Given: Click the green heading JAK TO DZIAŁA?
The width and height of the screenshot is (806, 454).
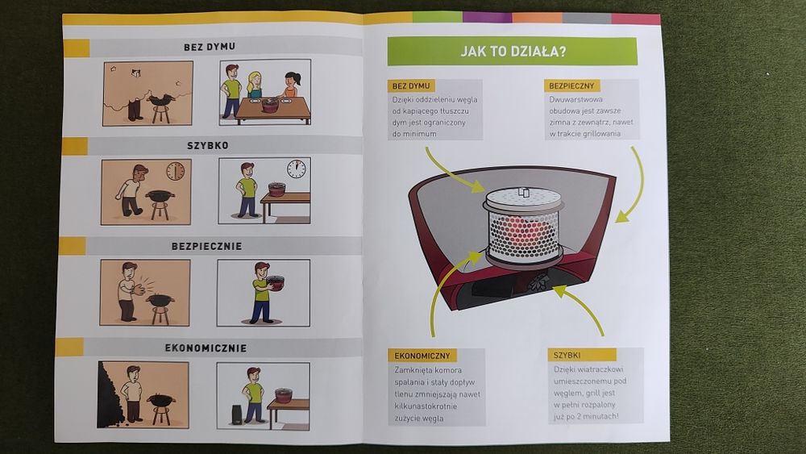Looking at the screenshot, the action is (x=512, y=51).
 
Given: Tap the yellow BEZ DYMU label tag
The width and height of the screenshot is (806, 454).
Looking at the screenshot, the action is (x=411, y=85).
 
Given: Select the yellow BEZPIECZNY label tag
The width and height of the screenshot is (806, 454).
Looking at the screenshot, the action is (x=571, y=85).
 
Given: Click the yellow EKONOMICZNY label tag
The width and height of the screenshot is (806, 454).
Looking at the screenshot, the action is (x=422, y=356).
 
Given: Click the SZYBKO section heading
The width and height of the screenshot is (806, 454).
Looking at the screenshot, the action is (x=208, y=145).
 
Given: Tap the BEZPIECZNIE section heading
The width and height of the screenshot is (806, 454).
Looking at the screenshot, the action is (x=206, y=246).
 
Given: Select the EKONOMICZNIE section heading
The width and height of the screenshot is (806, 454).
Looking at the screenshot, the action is (x=206, y=348).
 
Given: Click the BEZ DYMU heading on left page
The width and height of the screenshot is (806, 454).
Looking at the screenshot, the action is (x=210, y=47).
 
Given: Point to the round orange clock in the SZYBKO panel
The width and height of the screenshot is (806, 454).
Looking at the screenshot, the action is (x=175, y=171).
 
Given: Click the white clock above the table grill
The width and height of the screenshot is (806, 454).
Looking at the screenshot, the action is (x=296, y=169).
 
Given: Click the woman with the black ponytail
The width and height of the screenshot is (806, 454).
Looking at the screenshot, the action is (x=290, y=85).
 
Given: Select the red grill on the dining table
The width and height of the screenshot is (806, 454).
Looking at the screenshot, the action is (x=270, y=104).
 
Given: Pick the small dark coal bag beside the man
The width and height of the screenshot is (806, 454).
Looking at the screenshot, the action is (x=237, y=414).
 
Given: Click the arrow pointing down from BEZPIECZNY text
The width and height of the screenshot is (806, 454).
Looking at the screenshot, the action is (x=632, y=186).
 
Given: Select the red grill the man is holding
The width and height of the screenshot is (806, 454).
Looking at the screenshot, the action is (x=276, y=282).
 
